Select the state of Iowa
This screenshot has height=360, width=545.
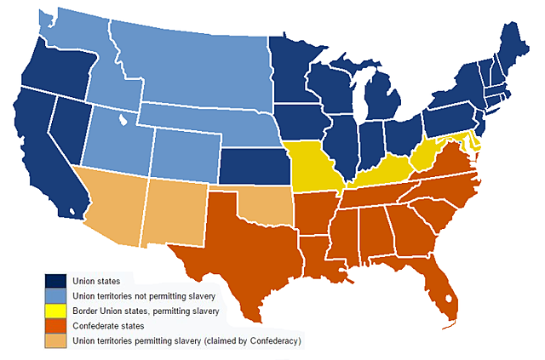pos(302,120)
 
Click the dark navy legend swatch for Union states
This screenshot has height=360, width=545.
pos(55,281)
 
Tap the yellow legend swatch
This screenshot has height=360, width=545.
pos(55,311)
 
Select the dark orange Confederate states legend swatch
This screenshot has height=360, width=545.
pos(55,325)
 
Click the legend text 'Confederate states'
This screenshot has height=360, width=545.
pos(108,326)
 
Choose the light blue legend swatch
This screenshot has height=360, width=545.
pos(55,295)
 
